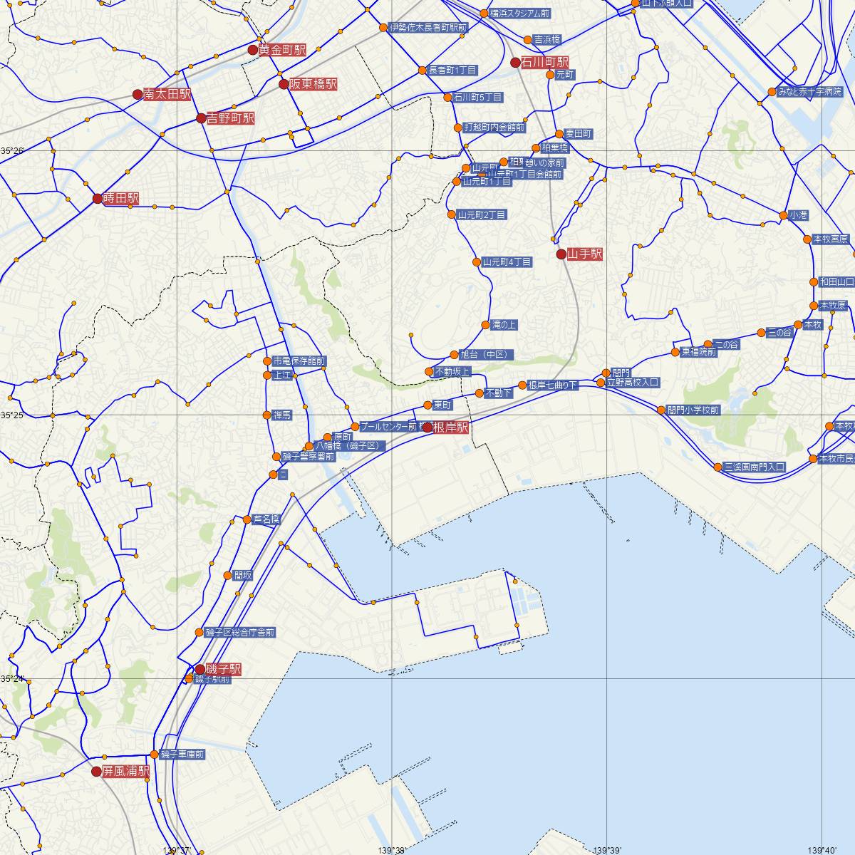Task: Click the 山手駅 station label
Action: point(585,254)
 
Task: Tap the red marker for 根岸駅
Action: point(427,427)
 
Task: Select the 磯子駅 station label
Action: point(223,669)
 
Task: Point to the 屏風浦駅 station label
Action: point(125,771)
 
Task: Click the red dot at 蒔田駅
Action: point(98,199)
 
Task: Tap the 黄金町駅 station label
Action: point(282,50)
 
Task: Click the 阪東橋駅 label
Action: point(313,84)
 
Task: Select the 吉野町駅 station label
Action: point(230,118)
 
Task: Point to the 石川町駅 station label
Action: point(545,62)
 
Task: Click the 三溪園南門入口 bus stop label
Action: point(755,467)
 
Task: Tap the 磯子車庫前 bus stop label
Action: point(182,754)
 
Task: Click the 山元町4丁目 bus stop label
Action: point(507,262)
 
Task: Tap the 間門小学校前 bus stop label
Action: point(693,410)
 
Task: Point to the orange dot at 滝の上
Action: point(486,324)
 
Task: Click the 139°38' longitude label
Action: point(394,849)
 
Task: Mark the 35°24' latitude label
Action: point(12,678)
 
